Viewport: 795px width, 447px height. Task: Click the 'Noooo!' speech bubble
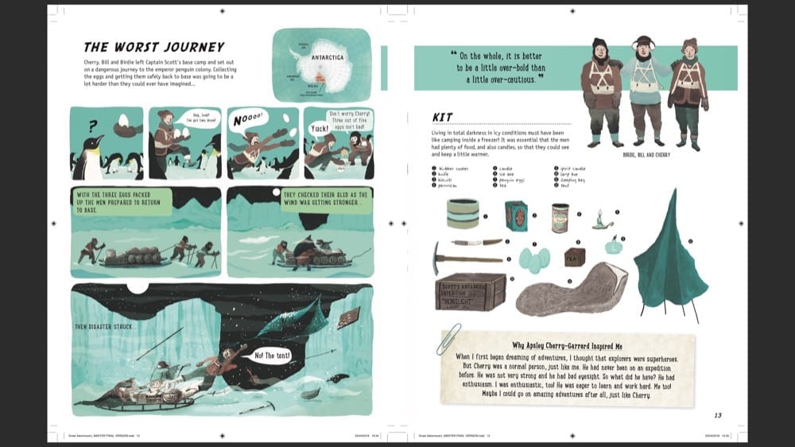[246, 120]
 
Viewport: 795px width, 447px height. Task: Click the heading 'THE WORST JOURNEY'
[154, 47]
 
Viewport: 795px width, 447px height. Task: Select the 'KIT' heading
[442, 117]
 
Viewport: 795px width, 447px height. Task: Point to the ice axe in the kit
[465, 259]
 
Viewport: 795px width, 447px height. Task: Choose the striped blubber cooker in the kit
[462, 213]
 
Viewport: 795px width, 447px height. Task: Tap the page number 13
[718, 414]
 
